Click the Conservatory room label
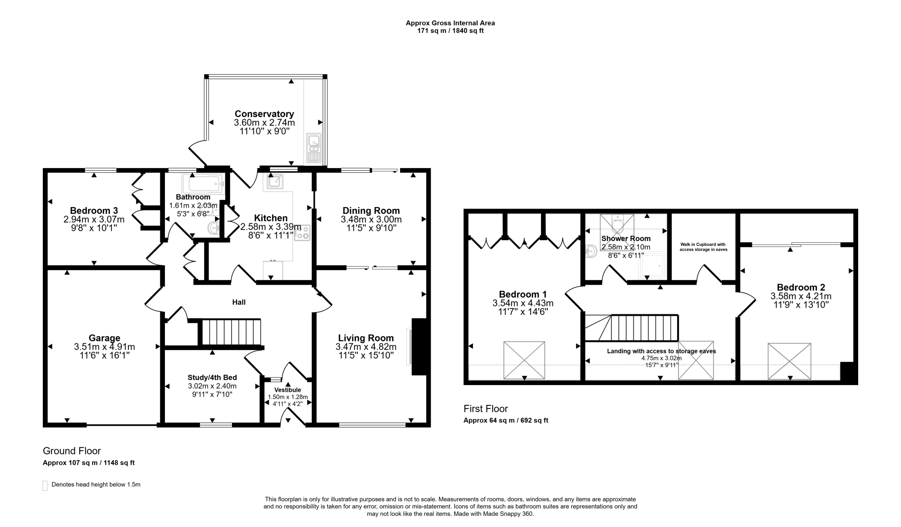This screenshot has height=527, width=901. coord(264,114)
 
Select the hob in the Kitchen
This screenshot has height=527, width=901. coord(302,232)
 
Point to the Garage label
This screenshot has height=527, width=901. coord(105,338)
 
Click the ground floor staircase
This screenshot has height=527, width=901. coord(231,332)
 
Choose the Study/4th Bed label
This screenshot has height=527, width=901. coord(212,377)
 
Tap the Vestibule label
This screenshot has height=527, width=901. coord(287,390)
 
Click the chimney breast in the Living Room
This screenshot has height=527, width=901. coord(419,347)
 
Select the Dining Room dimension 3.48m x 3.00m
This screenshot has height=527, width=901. coord(371,219)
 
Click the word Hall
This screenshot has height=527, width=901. coord(239,302)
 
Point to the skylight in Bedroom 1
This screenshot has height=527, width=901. coord(524,360)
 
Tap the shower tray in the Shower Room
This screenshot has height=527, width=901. coord(652,264)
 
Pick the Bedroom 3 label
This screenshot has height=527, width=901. coord(94,210)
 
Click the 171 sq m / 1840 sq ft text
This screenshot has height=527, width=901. coord(450,31)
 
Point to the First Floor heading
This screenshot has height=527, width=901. coord(486,409)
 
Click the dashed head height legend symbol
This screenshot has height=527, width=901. coord(45,486)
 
